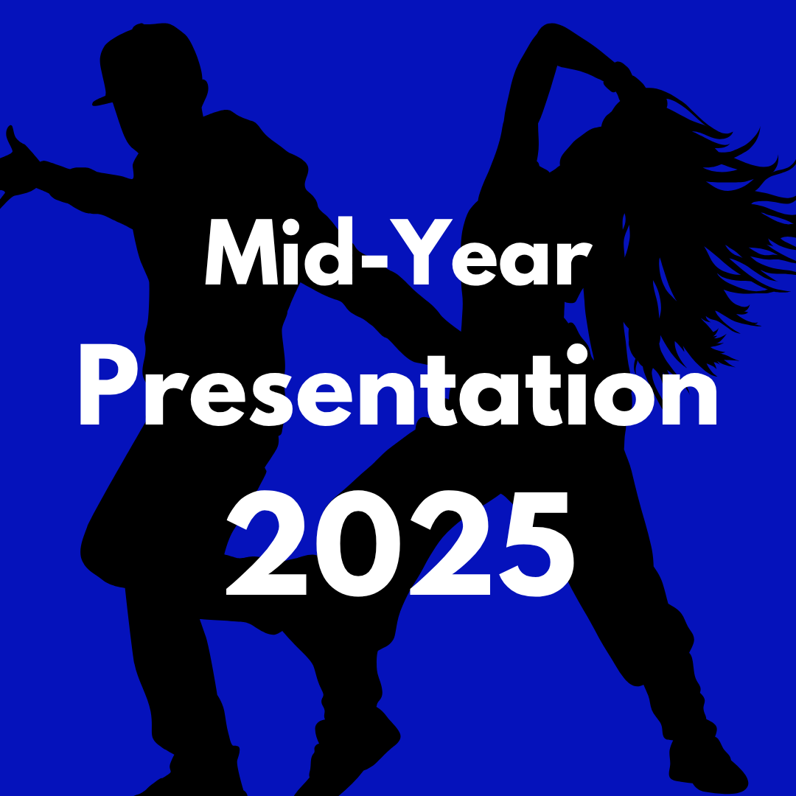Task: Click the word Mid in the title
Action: pyautogui.click(x=279, y=251)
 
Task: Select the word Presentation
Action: pyautogui.click(x=399, y=384)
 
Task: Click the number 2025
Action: pyautogui.click(x=400, y=543)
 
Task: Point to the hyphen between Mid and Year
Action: pyautogui.click(x=371, y=259)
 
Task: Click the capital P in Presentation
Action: pyautogui.click(x=109, y=384)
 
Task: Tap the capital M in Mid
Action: pyautogui.click(x=242, y=251)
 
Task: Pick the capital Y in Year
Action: pyautogui.click(x=421, y=251)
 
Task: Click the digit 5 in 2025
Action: pyautogui.click(x=537, y=544)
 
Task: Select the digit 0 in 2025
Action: pyautogui.click(x=358, y=543)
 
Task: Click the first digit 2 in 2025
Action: pyautogui.click(x=267, y=542)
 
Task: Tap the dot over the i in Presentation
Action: pyautogui.click(x=577, y=354)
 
